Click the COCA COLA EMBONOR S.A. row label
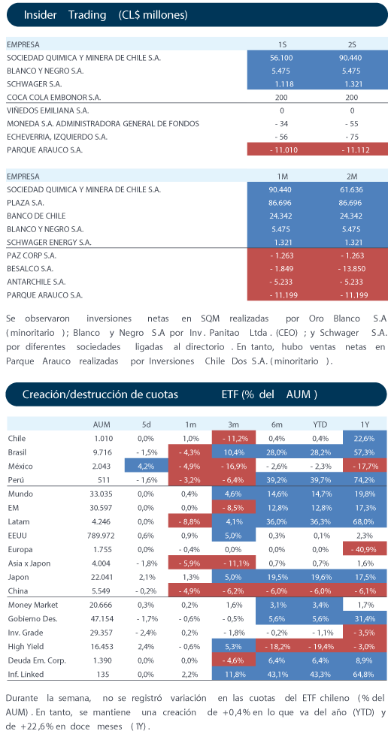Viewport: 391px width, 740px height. [54, 98]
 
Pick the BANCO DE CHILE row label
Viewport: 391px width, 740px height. [36, 216]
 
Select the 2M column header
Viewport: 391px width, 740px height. [352, 177]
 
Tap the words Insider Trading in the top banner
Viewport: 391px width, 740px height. [65, 15]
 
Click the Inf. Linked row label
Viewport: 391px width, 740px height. [26, 674]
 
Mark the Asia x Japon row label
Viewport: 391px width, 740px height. [29, 563]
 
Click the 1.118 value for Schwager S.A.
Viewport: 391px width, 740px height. [281, 84]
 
